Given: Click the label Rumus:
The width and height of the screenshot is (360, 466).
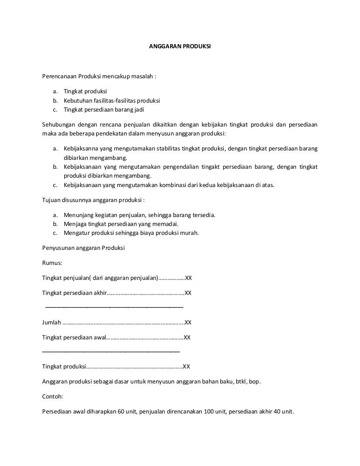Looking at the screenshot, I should pos(52,263).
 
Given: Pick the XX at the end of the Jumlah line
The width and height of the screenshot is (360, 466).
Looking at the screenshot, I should pos(188,323).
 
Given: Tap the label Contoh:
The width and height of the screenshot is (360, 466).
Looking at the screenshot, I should pos(52,396).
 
